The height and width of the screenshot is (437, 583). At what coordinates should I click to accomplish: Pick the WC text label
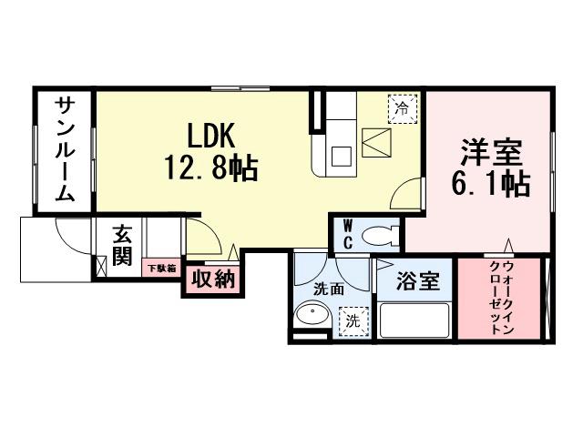coord(348,234)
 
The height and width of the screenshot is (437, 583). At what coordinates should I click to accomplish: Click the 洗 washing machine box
coord(352,320)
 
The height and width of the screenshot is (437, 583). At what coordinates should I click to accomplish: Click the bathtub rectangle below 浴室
coord(414,320)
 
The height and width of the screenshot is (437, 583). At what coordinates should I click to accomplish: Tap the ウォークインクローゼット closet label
coord(501,298)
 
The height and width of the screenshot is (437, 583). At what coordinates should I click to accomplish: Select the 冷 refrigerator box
coord(402,108)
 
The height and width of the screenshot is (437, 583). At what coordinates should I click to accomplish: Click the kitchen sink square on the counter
coord(342,156)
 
